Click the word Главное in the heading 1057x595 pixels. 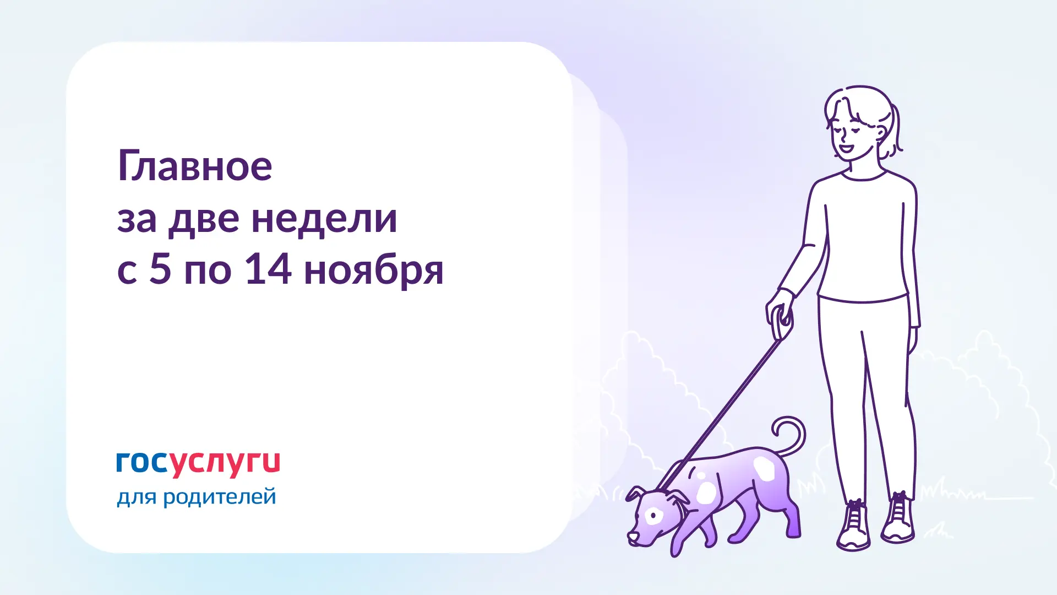[195, 165]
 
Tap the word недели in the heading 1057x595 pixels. [324, 219]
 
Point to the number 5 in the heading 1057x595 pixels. [160, 269]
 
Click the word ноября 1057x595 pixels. [374, 271]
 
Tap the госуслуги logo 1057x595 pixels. [198, 464]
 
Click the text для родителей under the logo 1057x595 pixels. [196, 497]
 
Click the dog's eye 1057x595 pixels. [654, 516]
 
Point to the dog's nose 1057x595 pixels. [631, 537]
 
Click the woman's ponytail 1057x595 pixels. [894, 132]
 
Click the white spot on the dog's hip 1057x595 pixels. [764, 468]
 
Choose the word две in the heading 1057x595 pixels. [204, 219]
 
